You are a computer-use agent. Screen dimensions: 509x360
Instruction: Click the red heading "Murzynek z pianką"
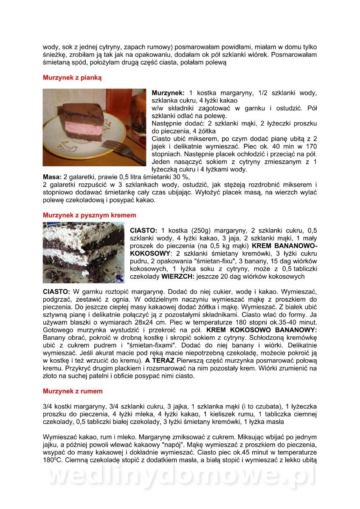click(x=72, y=78)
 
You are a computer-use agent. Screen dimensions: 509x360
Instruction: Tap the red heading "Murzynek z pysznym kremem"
click(x=89, y=215)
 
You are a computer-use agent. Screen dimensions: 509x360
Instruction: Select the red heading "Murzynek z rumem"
click(x=73, y=391)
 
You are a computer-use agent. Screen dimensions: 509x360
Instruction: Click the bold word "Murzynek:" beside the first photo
click(x=168, y=93)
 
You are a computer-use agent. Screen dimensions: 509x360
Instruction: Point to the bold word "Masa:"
click(x=52, y=177)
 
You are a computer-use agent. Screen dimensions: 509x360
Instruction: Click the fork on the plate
click(x=115, y=147)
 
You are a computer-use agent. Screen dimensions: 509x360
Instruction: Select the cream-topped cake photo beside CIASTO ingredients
click(x=84, y=252)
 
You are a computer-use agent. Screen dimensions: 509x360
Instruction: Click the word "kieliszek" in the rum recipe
click(x=226, y=414)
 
